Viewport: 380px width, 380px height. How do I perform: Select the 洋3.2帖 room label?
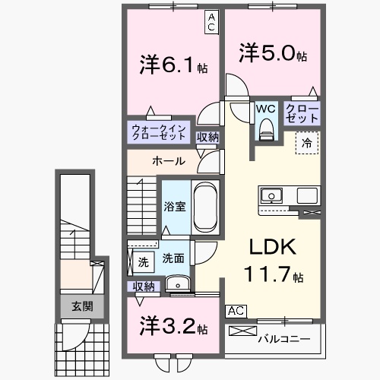pyautogui.click(x=174, y=328)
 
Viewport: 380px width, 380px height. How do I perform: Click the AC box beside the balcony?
pyautogui.click(x=236, y=311)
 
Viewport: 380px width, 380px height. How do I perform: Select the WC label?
pyautogui.click(x=265, y=109)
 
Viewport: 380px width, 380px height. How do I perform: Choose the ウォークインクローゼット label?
pyautogui.click(x=157, y=132)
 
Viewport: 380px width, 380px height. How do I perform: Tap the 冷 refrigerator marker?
pyautogui.click(x=307, y=142)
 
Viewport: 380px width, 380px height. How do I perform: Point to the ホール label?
pyautogui.click(x=166, y=161)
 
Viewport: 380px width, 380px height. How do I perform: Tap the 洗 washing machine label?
pyautogui.click(x=143, y=261)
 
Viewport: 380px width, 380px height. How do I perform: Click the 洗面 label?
pyautogui.click(x=173, y=258)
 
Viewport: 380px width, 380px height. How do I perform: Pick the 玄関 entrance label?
pyautogui.click(x=83, y=307)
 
